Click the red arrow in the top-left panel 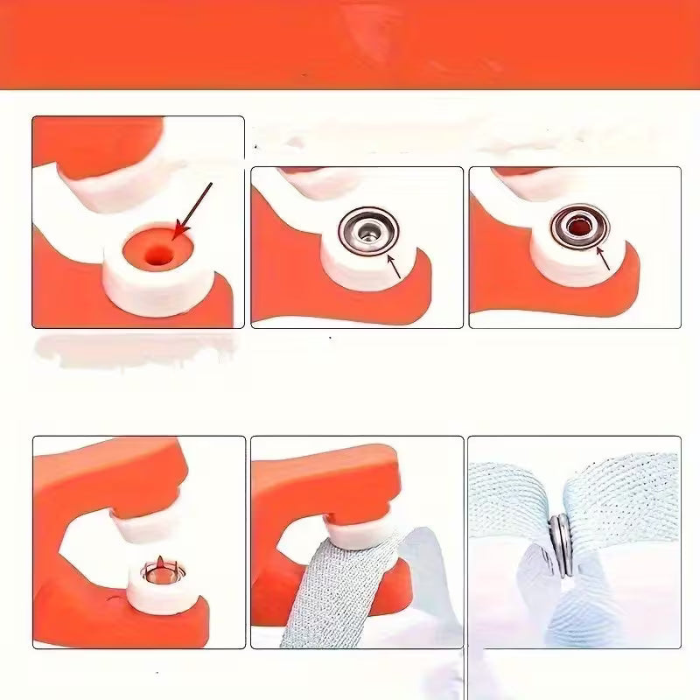point(194,209)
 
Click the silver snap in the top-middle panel point(368,230)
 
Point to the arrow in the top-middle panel point(392,263)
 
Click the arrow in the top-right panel point(603,259)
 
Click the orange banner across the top point(350,44)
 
